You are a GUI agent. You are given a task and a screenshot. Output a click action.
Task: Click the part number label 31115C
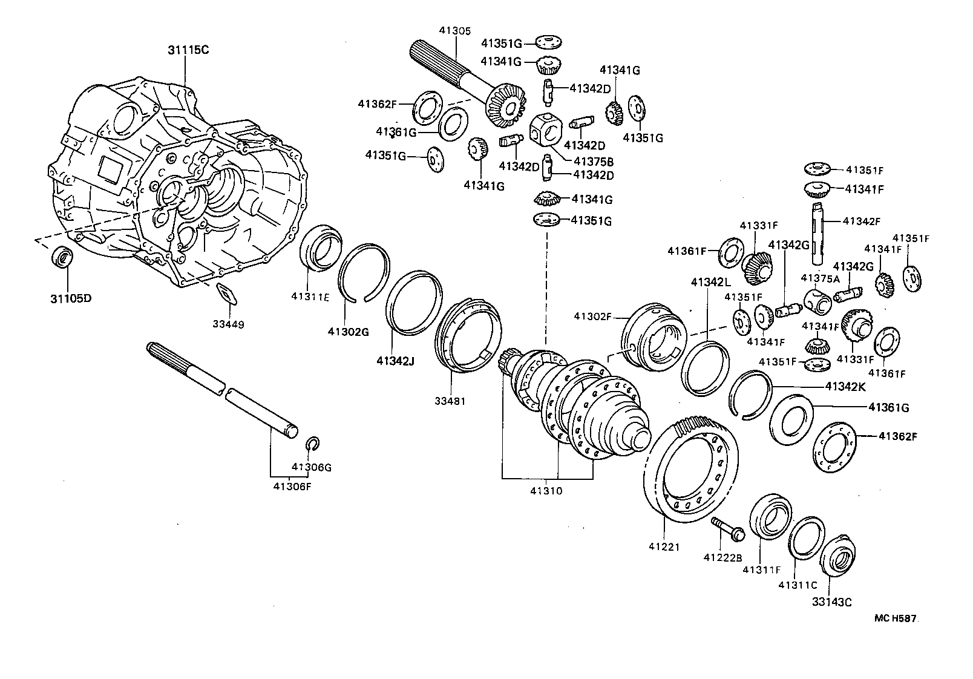pos(188,50)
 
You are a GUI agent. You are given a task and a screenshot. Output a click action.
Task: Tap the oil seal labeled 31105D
pos(62,256)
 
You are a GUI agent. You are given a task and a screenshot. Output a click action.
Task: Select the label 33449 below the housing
pos(228,324)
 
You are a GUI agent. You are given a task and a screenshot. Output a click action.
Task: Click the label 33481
pos(450,401)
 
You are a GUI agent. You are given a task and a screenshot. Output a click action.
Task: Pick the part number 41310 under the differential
pos(546,491)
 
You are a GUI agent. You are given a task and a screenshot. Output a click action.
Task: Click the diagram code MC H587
pos(896,618)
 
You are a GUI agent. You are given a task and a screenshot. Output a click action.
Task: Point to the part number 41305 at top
pos(455,30)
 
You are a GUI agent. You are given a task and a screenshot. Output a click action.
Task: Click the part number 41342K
pos(845,386)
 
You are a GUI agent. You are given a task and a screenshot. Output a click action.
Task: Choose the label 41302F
pos(594,316)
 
